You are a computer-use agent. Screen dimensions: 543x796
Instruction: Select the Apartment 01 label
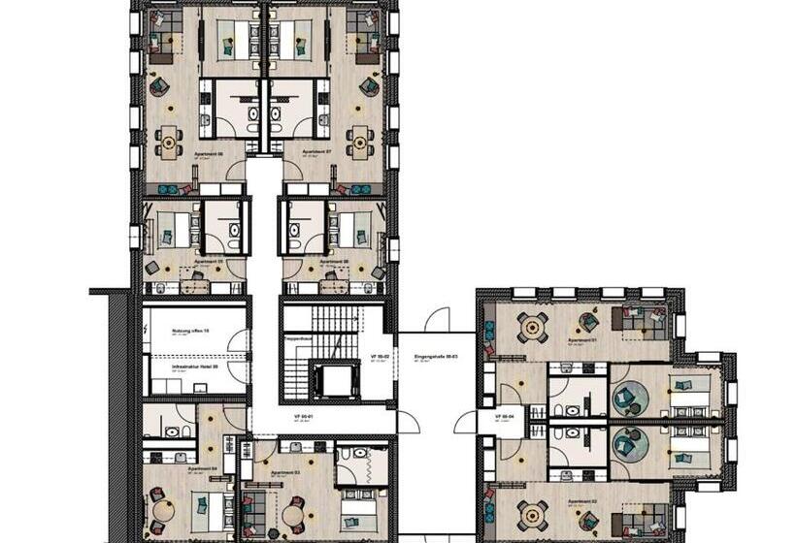[x=581, y=340]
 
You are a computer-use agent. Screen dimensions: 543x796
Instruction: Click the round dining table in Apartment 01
[x=532, y=327]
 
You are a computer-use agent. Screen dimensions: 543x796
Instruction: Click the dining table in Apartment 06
[x=170, y=143]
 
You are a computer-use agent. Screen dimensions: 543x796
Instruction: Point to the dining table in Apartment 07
[x=360, y=143]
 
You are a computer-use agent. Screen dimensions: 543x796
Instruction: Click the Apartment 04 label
[x=175, y=468]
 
